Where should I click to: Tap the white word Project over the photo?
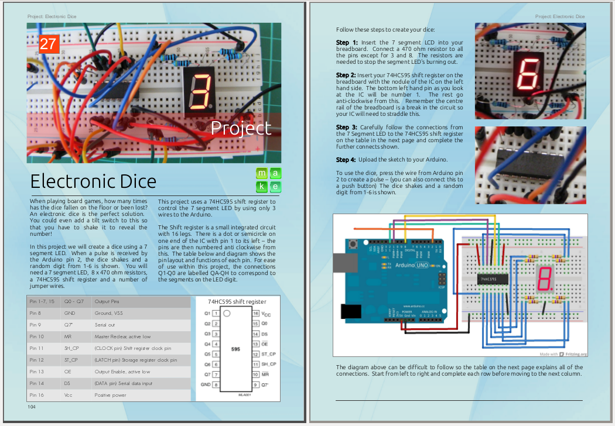241,128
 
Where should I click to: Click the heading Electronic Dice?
93,180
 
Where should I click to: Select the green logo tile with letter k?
262,187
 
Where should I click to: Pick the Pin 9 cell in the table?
36,325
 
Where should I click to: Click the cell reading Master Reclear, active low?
122,336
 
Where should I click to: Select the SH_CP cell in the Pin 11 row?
72,348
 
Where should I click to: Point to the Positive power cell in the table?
111,395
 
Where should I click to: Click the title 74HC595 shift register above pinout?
237,302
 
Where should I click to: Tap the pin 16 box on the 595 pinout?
255,314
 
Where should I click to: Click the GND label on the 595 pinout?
205,385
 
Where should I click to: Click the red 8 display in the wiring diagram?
544,279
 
